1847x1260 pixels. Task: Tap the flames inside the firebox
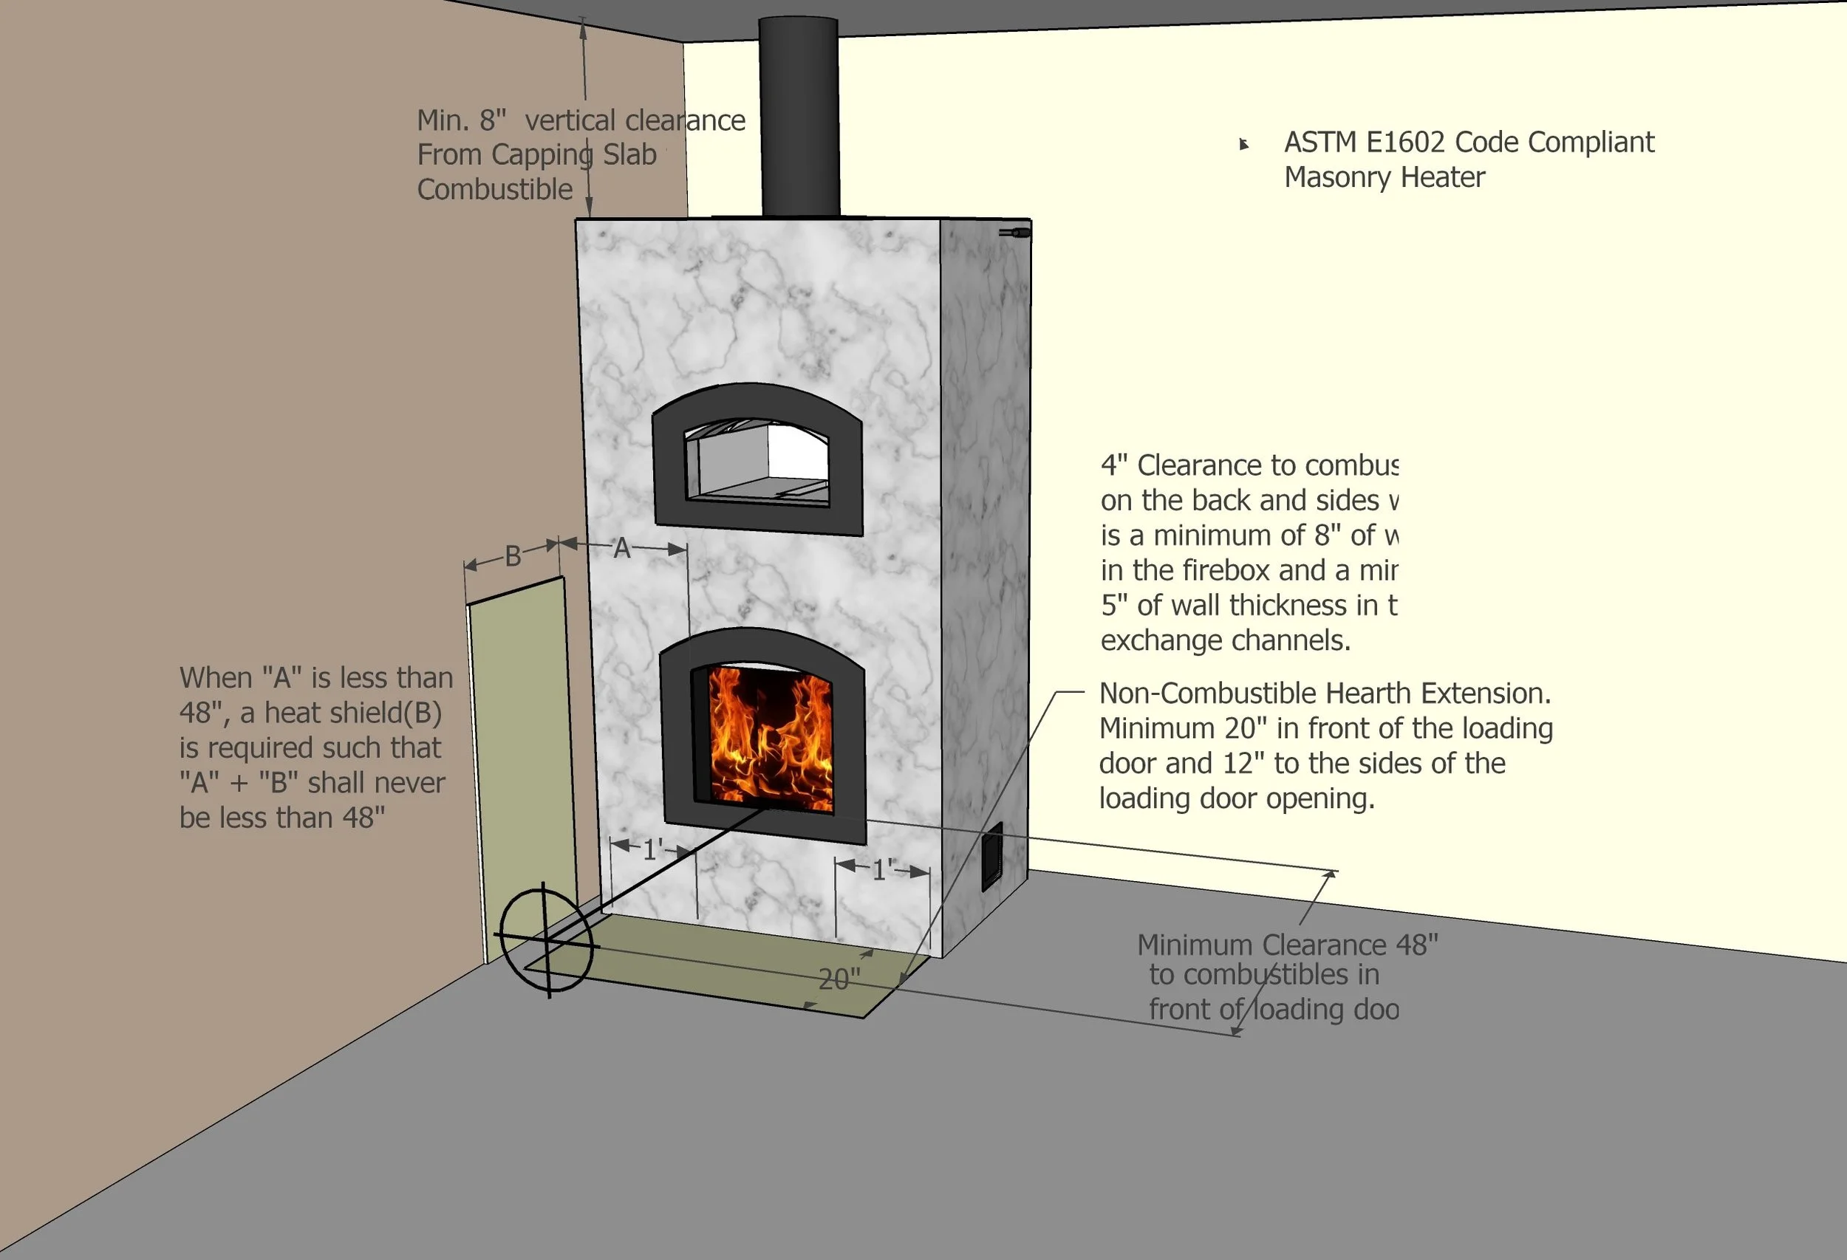(x=769, y=739)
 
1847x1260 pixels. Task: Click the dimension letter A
(x=621, y=548)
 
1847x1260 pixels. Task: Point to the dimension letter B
(x=513, y=556)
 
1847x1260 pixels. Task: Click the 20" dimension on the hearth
(x=839, y=979)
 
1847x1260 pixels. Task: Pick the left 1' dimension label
(x=652, y=850)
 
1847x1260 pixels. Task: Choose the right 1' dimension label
(x=882, y=870)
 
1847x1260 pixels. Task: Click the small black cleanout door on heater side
(x=992, y=857)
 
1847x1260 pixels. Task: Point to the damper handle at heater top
(x=1016, y=233)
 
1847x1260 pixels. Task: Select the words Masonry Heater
(x=1385, y=177)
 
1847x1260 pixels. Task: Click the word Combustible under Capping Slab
(x=494, y=189)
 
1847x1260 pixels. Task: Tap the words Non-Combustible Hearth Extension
(x=1325, y=694)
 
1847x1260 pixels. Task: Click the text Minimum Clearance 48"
(x=1288, y=945)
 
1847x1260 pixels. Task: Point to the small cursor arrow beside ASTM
(x=1244, y=144)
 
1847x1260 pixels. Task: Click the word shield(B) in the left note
(x=392, y=713)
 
